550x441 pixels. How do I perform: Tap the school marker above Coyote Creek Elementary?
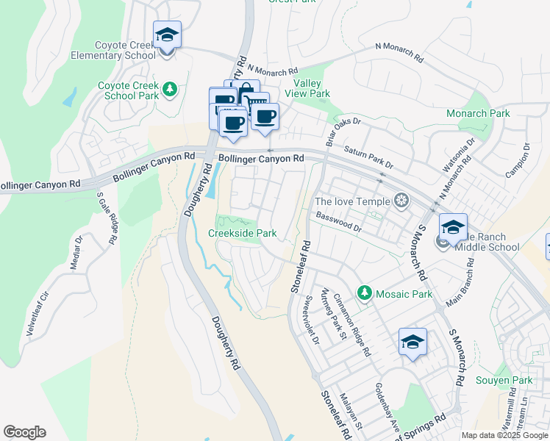tap(167, 35)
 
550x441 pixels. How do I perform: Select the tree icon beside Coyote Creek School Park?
tap(171, 90)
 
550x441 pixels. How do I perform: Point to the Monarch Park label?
tap(478, 113)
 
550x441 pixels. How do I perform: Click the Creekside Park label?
tap(242, 233)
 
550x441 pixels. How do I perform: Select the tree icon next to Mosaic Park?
tap(364, 293)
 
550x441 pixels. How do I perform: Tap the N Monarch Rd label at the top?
tap(399, 51)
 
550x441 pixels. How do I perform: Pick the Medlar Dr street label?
tap(76, 251)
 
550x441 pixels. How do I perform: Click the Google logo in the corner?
tap(24, 432)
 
